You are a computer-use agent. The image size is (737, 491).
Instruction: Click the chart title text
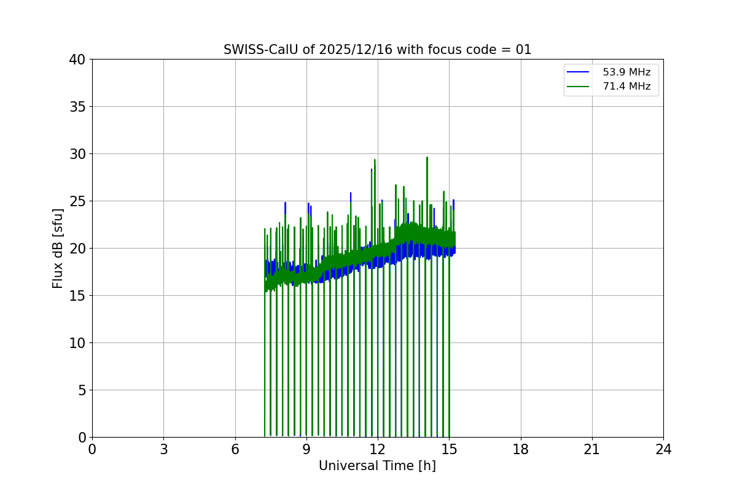pos(377,50)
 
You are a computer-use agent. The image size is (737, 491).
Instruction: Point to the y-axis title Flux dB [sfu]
pos(58,248)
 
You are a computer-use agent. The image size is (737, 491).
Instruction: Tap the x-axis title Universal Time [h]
pos(377,466)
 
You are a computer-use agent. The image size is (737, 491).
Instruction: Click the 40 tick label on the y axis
pos(77,60)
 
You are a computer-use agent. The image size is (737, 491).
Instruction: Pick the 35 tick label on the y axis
pos(77,107)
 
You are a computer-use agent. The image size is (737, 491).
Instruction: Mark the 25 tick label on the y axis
pos(77,201)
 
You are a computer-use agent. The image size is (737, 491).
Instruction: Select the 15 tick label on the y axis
pos(77,296)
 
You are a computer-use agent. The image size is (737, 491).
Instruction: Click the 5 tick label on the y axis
pos(82,390)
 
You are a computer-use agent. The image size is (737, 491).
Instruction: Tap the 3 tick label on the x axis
pos(163,450)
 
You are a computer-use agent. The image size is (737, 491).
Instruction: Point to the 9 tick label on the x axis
pos(306,450)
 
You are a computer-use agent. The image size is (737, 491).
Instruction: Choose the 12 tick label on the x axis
pos(378,450)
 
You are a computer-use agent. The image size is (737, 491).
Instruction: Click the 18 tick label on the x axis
pos(521,450)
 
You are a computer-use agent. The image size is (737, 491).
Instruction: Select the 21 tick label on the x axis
pos(592,450)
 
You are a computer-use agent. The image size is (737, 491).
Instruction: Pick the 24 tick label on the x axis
pos(663,450)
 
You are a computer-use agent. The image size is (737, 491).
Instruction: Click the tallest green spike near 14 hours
pos(427,158)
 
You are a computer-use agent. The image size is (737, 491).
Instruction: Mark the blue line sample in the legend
pos(578,72)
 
